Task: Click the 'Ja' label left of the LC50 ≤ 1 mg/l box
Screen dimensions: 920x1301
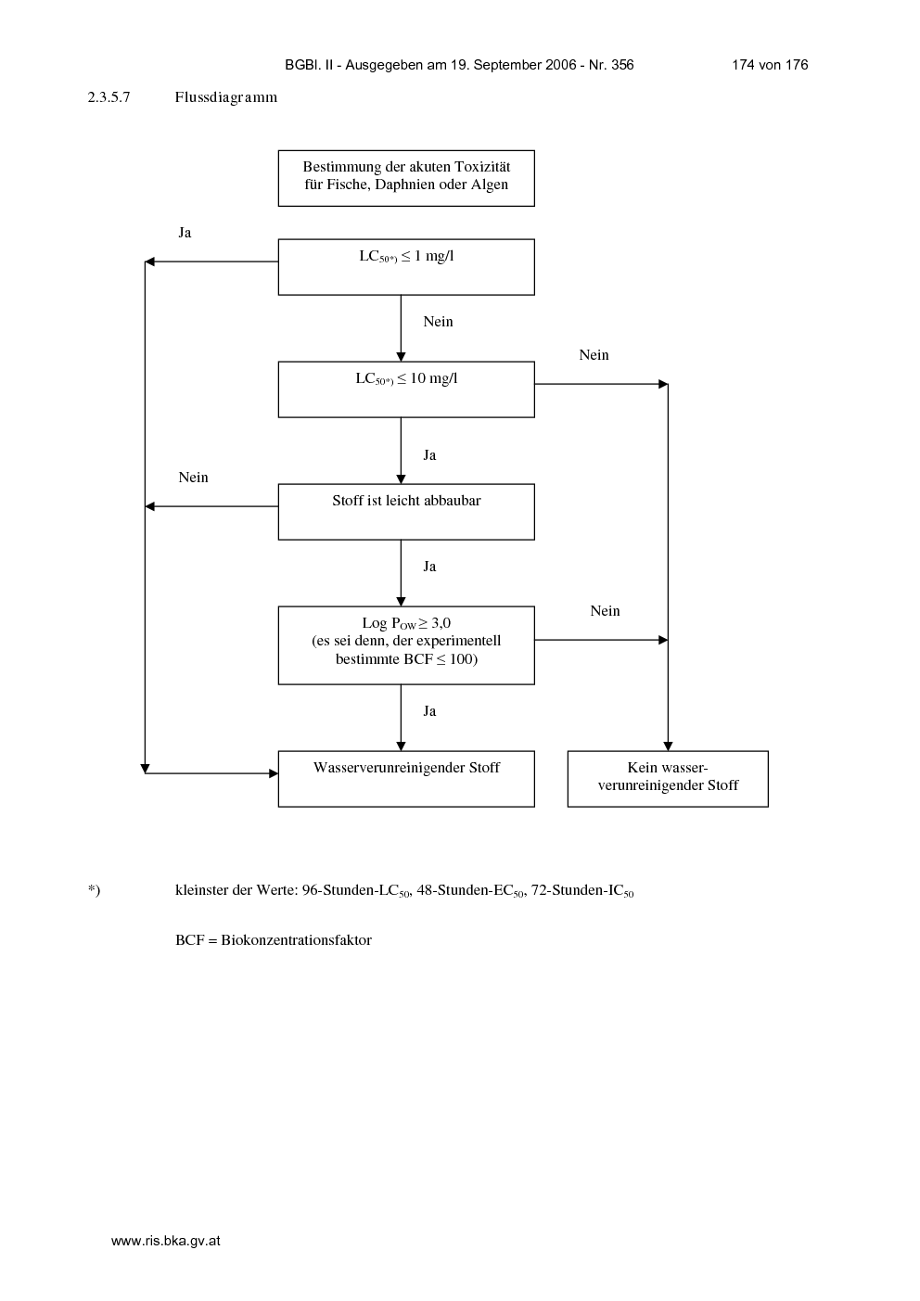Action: (185, 233)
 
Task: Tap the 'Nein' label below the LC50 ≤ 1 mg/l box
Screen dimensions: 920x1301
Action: (438, 322)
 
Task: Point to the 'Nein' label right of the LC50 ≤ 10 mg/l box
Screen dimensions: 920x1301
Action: (594, 355)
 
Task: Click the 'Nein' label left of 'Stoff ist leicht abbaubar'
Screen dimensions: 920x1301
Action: (193, 478)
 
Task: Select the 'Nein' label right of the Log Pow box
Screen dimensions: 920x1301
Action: (605, 611)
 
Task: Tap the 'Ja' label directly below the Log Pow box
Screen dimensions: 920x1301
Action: (429, 711)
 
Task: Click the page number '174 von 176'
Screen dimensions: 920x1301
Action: (770, 65)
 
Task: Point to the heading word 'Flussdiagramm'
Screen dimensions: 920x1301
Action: (226, 97)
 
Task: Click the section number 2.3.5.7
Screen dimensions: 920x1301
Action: (109, 97)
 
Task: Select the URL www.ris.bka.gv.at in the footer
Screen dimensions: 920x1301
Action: (165, 1241)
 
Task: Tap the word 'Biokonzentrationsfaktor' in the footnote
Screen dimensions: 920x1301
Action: (296, 940)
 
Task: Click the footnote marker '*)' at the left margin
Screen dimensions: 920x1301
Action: (94, 890)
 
